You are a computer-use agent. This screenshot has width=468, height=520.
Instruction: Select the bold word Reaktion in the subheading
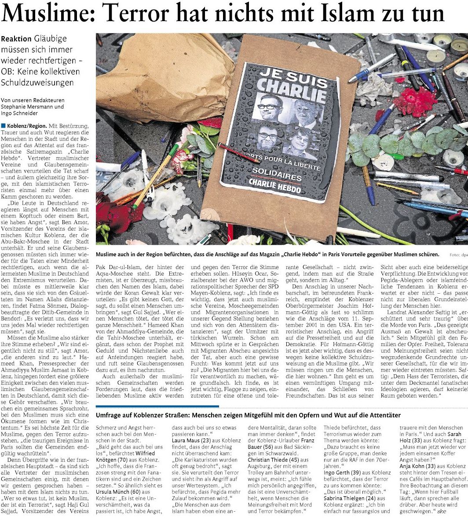click(16, 39)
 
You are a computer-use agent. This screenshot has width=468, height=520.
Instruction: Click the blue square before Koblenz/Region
click(3, 126)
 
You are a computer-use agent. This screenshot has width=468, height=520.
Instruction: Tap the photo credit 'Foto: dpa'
click(458, 255)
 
